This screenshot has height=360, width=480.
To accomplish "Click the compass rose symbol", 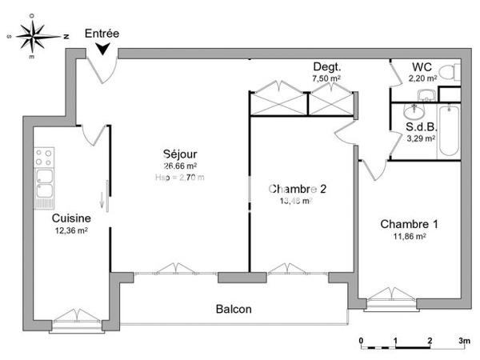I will point(33,36).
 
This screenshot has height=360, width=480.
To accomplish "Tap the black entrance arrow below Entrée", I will point(103,50).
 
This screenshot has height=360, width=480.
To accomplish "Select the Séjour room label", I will point(180,154).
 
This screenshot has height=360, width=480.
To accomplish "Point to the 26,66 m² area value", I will point(180,166).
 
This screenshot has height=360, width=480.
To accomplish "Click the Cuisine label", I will point(70,218).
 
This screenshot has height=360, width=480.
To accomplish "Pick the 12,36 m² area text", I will point(70,230).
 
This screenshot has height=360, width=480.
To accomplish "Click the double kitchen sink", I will point(44,183).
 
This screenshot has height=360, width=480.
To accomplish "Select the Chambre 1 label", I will point(409,223).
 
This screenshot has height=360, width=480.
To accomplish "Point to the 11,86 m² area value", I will point(409,236).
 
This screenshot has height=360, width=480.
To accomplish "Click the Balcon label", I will point(234,309).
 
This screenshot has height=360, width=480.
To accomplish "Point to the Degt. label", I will point(326,67).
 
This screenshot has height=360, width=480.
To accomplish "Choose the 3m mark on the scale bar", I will point(463,341).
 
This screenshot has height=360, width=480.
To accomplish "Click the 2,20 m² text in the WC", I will point(422,78).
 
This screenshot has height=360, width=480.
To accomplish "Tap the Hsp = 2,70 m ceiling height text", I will point(180,178).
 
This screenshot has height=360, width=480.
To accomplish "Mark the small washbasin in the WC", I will point(426,95).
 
